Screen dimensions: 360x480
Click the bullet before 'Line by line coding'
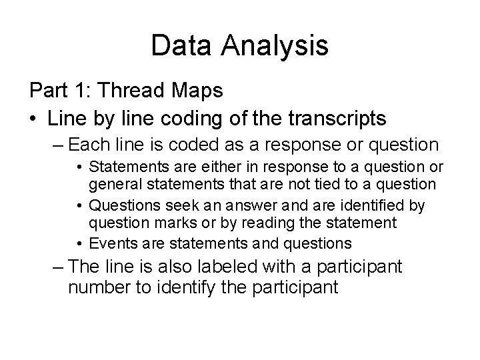[x=33, y=120]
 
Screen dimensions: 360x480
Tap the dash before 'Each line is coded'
[x=57, y=145]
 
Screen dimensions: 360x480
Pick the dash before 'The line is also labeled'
[x=57, y=267]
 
